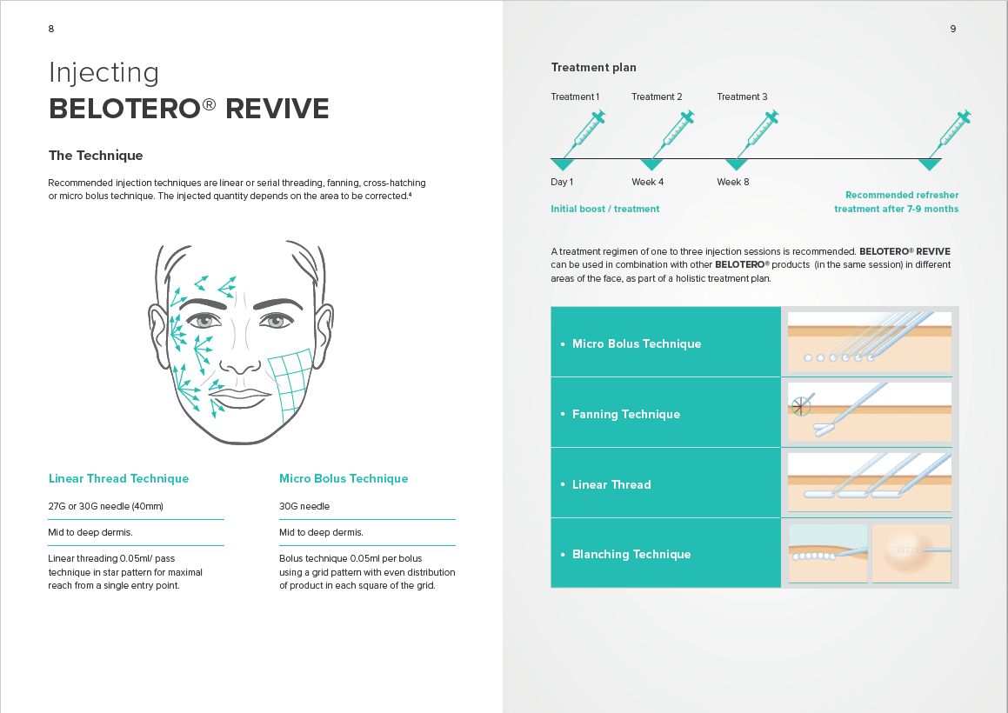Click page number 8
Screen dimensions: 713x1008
[51, 29]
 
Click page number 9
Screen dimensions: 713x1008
[952, 29]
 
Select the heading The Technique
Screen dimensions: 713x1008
[96, 156]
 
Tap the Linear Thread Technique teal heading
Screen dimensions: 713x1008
[118, 478]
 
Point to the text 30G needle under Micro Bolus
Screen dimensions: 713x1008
[304, 506]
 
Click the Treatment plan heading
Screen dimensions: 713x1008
[593, 68]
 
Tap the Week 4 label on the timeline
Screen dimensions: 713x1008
[647, 182]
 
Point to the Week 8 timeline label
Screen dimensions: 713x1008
[732, 182]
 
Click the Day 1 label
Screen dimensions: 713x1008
[562, 182]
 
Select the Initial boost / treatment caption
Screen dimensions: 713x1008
[604, 209]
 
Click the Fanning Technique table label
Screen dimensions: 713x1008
[625, 414]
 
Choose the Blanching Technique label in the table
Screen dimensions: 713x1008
[631, 554]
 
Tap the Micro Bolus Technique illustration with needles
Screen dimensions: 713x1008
[869, 341]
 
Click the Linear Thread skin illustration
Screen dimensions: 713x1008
[869, 483]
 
